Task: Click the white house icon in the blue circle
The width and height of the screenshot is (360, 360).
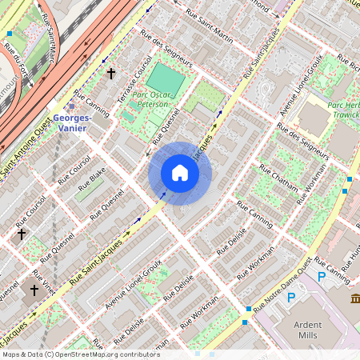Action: click(180, 173)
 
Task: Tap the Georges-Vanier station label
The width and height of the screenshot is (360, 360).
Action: click(71, 122)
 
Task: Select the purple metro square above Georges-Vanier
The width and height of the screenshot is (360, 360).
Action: click(72, 105)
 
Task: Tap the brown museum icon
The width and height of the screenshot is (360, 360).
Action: click(355, 298)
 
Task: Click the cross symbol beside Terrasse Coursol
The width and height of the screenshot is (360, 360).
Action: click(111, 74)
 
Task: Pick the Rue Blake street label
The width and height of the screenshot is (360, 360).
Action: click(93, 179)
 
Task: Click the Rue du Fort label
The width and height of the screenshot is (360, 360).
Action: click(15, 60)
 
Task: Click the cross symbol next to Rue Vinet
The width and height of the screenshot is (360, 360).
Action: click(34, 290)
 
